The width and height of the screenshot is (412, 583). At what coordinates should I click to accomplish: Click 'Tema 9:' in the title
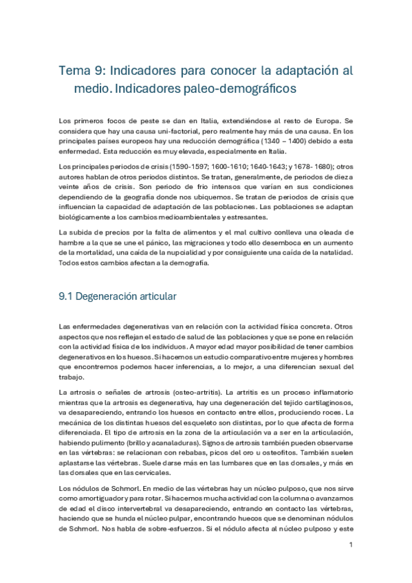(x=80, y=71)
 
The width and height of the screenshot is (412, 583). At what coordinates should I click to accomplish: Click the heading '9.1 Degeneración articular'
(x=118, y=296)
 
